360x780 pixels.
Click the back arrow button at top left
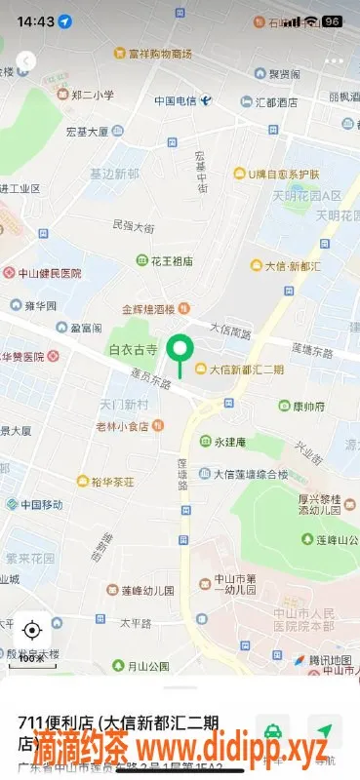point(25,61)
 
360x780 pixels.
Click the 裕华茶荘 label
point(118,482)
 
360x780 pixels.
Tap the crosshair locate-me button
point(32,629)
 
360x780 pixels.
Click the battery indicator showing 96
point(332,21)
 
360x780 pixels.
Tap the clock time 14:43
point(35,21)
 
